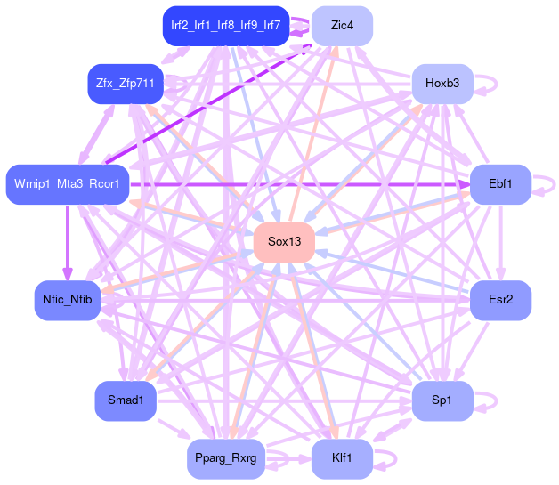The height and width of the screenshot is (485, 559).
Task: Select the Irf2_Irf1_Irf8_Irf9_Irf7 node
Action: point(225,26)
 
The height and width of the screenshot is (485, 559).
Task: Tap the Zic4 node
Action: point(342,26)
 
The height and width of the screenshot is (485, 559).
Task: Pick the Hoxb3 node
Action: point(442,84)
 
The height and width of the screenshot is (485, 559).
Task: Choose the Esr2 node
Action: point(500,300)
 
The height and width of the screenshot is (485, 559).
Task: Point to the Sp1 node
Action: point(442,400)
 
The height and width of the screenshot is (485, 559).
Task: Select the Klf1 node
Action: point(342,458)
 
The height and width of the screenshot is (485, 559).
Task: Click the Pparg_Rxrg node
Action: point(225,458)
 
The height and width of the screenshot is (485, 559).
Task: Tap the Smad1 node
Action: point(126,400)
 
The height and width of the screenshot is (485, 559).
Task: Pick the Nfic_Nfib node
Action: point(67,300)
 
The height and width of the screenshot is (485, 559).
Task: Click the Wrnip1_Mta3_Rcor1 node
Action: point(68,184)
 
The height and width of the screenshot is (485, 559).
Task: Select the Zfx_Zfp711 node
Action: point(126,84)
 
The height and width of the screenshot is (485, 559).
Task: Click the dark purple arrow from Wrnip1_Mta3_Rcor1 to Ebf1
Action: point(303,184)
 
